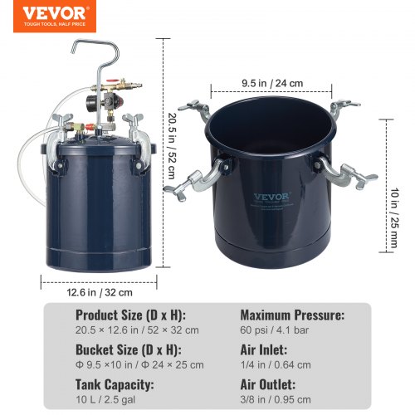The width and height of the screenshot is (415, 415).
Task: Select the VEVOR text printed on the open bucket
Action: point(267,198)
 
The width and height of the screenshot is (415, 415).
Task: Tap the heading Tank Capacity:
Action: point(115,385)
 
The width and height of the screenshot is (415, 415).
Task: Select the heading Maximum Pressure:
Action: point(293,315)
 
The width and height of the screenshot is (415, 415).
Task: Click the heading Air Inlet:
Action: point(264,350)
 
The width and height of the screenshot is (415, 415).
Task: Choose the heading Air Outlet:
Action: point(268,385)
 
